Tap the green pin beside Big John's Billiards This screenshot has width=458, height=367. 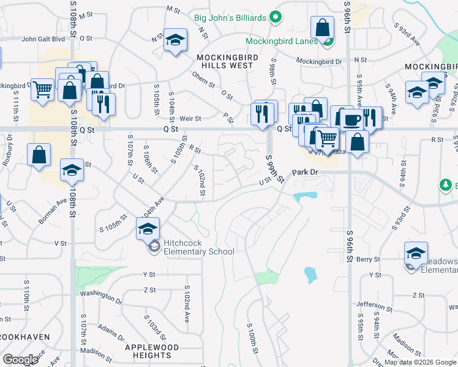[275, 18]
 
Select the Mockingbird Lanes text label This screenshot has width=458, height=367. [282, 41]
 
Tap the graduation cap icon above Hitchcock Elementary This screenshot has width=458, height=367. [148, 229]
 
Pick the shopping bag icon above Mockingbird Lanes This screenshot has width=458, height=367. [322, 28]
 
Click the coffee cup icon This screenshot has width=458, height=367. [351, 119]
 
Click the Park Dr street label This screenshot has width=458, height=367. [306, 173]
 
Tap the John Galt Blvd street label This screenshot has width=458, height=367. [43, 39]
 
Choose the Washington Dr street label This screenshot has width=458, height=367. [102, 297]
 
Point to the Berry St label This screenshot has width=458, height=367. [369, 259]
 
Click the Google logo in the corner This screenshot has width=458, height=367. [20, 359]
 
